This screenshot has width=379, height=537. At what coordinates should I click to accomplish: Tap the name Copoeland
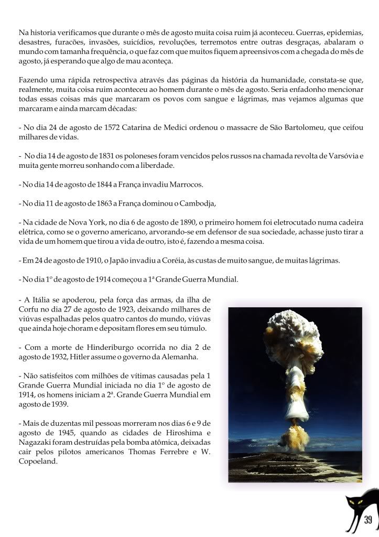tap(37, 462)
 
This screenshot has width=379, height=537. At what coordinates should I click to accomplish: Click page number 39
tap(367, 520)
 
